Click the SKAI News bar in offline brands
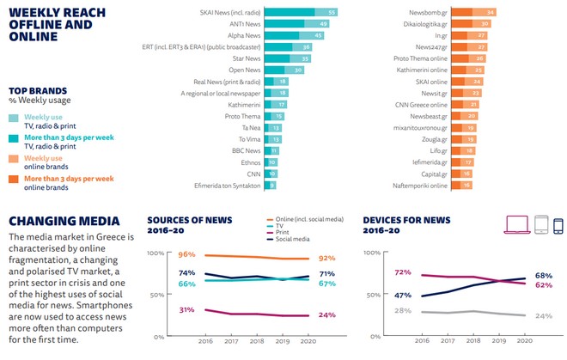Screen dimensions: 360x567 click(300, 12)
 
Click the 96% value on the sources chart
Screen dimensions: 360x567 click(186, 254)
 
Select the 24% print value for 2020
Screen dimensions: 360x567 click(326, 314)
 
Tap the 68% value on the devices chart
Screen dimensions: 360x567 click(543, 275)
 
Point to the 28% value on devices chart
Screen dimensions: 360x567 click(377, 309)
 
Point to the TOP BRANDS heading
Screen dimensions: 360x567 click(39, 89)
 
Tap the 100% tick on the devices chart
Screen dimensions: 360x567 click(373, 254)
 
